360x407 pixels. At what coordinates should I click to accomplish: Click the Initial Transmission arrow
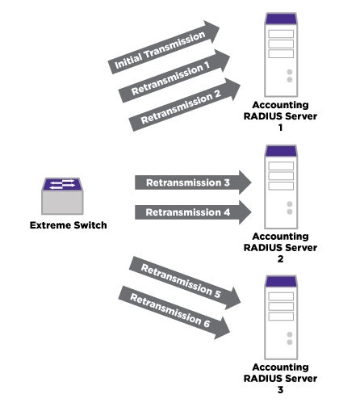coord(164,47)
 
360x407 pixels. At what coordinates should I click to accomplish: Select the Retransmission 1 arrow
coord(174,76)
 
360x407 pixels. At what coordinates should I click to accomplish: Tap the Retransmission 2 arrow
coord(185,105)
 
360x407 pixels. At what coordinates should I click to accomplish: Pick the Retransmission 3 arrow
coord(193,183)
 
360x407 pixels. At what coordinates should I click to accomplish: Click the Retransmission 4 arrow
coord(193,212)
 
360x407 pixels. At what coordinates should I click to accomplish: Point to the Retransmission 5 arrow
coord(185,283)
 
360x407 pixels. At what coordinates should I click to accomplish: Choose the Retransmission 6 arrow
coord(174,313)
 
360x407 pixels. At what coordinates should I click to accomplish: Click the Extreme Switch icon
coord(62,196)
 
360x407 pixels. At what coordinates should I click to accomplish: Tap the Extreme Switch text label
coord(69,225)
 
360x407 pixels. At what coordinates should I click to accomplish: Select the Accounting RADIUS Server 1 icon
coord(281,55)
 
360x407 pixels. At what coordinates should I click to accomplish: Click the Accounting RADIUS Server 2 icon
coord(281,187)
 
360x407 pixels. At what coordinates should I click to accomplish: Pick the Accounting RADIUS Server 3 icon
coord(281,317)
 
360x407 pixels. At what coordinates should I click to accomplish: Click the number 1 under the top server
coord(280,128)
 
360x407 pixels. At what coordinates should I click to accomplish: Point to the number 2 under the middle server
coord(280,259)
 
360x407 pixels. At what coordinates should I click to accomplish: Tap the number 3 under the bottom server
coord(280,389)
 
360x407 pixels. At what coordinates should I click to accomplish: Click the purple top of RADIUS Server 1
coord(281,19)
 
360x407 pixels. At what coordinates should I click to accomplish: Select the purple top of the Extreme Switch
coord(62,184)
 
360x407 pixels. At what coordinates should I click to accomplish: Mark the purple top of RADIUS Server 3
coord(281,281)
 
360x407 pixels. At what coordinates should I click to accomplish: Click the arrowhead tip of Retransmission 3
coord(252,183)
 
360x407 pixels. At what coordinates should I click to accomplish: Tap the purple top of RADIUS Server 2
coord(281,151)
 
